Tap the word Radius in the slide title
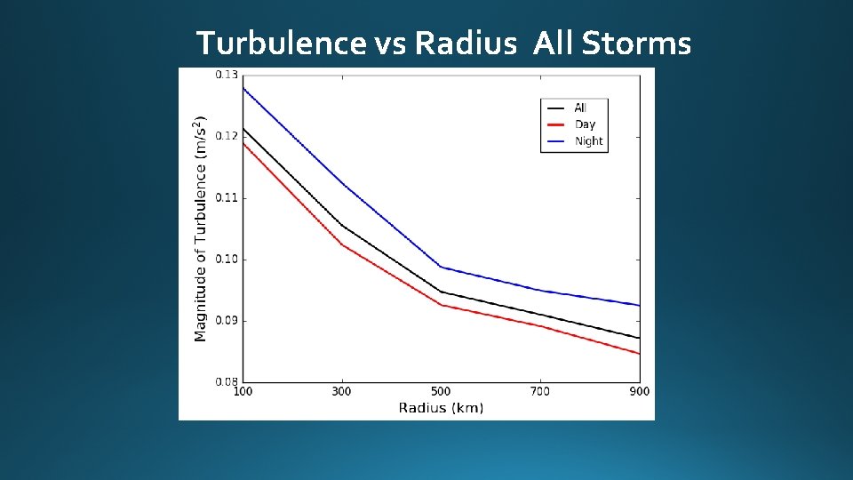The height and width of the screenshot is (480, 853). [x=464, y=43]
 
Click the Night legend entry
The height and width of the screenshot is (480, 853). [x=587, y=141]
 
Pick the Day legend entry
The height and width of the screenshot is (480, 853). [x=584, y=124]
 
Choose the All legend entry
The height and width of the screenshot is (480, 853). [x=579, y=108]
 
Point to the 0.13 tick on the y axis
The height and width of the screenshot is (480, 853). [x=227, y=75]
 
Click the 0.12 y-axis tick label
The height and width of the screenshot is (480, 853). [x=227, y=136]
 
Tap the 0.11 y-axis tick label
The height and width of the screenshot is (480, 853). [x=227, y=197]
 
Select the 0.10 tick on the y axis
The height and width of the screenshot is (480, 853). [x=227, y=259]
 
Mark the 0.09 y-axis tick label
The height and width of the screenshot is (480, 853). [x=227, y=320]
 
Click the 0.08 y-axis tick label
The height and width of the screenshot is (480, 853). [x=227, y=381]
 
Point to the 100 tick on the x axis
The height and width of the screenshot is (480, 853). [x=242, y=392]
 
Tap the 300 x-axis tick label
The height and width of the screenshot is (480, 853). [x=341, y=392]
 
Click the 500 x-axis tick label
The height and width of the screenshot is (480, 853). [x=441, y=392]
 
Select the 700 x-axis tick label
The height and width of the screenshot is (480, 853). [x=540, y=392]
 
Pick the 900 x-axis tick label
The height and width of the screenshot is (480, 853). [x=639, y=392]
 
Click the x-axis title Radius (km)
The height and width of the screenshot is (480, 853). [x=441, y=408]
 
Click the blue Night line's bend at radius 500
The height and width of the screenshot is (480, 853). [x=441, y=267]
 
